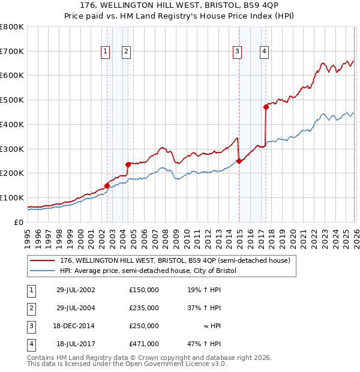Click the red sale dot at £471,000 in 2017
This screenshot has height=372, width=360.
click(x=266, y=107)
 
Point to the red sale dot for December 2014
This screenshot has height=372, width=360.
click(x=239, y=161)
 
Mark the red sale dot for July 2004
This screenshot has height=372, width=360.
click(x=128, y=164)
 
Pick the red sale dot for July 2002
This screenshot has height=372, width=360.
click(x=107, y=185)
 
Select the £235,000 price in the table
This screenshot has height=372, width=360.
click(x=144, y=308)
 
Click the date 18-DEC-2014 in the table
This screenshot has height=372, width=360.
click(x=76, y=326)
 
